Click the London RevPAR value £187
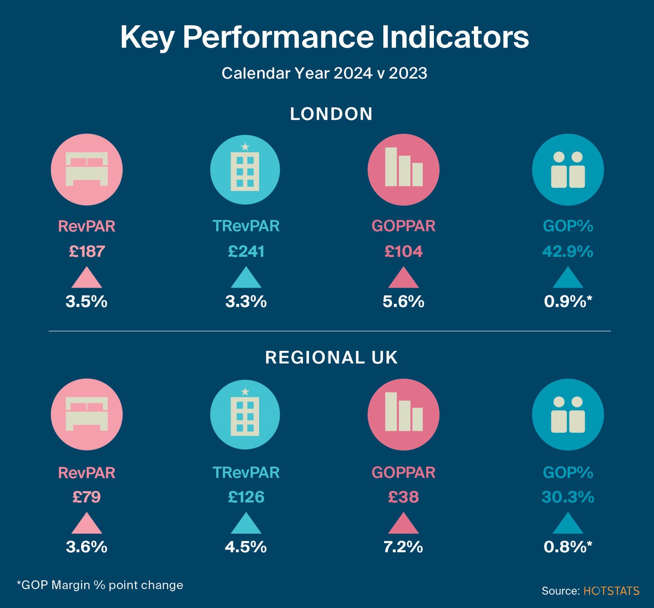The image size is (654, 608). click(87, 251)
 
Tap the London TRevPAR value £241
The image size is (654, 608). click(246, 251)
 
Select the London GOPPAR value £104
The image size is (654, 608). click(403, 251)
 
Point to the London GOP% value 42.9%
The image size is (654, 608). click(568, 251)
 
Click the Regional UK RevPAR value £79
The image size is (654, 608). click(87, 497)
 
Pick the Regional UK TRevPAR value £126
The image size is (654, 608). click(246, 497)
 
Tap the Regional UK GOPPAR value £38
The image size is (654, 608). click(403, 497)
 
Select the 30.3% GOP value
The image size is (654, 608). click(568, 497)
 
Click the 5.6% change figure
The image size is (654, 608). click(403, 302)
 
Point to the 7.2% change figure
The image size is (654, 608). click(403, 547)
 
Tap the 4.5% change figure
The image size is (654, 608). click(246, 547)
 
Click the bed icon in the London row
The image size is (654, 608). click(87, 169)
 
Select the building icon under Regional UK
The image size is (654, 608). click(245, 415)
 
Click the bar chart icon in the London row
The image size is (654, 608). click(403, 169)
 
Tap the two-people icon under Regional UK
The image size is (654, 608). click(568, 415)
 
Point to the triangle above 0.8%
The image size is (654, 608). click(568, 524)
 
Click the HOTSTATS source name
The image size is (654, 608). click(611, 591)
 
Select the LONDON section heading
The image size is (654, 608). click(331, 114)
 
